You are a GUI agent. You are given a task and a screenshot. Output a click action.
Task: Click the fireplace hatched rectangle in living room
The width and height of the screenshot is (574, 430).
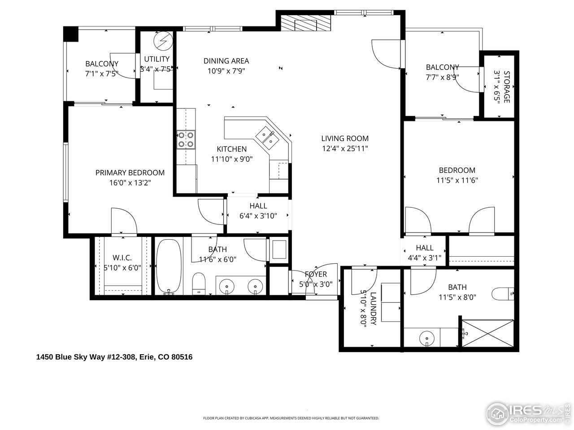[305, 23]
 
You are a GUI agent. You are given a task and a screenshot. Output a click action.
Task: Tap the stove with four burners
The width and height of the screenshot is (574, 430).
[186, 139]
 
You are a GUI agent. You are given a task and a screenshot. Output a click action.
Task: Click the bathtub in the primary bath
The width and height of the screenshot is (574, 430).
[169, 267]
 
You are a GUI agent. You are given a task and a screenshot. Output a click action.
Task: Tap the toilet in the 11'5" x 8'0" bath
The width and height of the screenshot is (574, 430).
[502, 294]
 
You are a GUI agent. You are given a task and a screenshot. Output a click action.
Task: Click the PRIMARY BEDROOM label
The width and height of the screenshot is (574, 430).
[130, 173]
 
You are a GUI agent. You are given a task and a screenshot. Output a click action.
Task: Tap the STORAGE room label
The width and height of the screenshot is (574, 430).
[507, 86]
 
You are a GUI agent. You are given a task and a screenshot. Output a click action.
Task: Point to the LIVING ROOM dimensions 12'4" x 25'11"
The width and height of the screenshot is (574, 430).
[345, 149]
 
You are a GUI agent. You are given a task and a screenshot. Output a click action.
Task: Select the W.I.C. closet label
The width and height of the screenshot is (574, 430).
[122, 258]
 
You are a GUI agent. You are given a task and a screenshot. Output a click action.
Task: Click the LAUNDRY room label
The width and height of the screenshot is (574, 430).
[373, 309]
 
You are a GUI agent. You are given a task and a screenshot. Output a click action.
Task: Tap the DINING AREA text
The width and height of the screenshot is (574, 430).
[226, 61]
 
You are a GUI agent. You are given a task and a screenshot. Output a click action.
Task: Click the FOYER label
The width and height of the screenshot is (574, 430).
[316, 274]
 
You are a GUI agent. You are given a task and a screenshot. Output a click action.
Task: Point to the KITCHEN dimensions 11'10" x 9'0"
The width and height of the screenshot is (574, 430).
[232, 159]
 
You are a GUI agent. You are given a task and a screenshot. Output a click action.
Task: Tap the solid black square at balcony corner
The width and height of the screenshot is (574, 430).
[71, 34]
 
